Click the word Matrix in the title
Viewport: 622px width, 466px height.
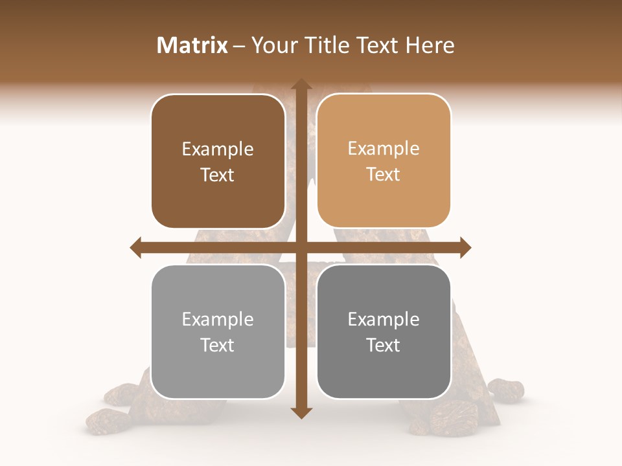click(192, 45)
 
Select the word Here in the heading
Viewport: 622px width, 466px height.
click(430, 45)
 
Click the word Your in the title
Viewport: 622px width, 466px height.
click(273, 45)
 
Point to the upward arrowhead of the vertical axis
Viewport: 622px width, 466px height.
click(301, 84)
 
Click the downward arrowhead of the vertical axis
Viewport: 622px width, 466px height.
click(301, 412)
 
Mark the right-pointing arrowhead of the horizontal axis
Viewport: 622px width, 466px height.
click(465, 247)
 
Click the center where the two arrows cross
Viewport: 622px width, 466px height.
click(301, 247)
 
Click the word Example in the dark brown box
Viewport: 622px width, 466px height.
click(218, 150)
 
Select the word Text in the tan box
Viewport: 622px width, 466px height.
click(384, 175)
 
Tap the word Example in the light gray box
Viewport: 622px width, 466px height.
click(218, 320)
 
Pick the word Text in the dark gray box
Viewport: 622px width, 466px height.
click(384, 346)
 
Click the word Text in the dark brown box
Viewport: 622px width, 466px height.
click(218, 175)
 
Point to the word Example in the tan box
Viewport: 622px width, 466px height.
click(384, 149)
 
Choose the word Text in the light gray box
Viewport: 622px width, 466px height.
click(218, 346)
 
